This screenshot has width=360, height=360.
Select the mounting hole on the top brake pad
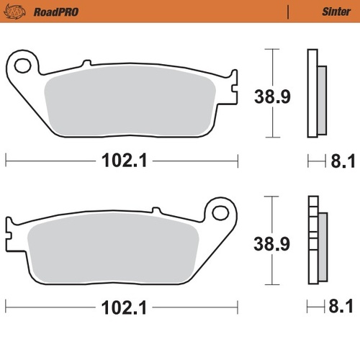click(x=22, y=66)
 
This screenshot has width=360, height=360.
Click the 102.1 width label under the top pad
click(x=122, y=162)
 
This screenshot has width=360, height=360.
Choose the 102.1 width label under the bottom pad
click(x=122, y=310)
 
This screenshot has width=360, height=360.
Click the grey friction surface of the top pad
click(x=130, y=104)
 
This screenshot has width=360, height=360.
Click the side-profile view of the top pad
click(x=315, y=94)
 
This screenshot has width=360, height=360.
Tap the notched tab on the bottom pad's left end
click(x=9, y=231)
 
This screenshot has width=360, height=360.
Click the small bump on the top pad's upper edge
click(x=86, y=65)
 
